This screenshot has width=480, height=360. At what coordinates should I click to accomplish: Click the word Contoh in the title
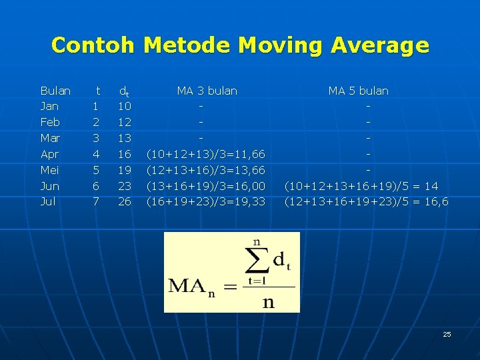coord(93,45)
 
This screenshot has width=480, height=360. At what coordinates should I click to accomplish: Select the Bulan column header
coord(55,91)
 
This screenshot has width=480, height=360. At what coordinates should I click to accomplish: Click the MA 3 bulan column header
coord(207,91)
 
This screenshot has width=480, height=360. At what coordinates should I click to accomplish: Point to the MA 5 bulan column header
coord(358,91)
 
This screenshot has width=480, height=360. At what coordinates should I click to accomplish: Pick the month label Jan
coord(49,107)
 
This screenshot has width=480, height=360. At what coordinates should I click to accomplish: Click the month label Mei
coord(49,170)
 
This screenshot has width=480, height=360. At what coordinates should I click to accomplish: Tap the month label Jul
coord(48,201)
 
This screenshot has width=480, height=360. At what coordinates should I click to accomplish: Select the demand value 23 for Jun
coord(125,186)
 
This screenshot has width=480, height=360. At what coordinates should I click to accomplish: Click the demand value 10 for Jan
coord(125,107)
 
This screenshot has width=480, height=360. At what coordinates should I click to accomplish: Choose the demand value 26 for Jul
coord(125,201)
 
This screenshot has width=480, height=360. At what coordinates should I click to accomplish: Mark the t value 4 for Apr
coord(96,154)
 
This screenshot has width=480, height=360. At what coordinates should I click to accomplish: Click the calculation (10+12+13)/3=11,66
coord(206,154)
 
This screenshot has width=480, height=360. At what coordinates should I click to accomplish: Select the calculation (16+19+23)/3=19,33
coord(206,201)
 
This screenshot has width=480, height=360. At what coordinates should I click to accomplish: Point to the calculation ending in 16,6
coord(366,201)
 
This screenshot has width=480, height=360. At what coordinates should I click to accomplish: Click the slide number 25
coord(447,334)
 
